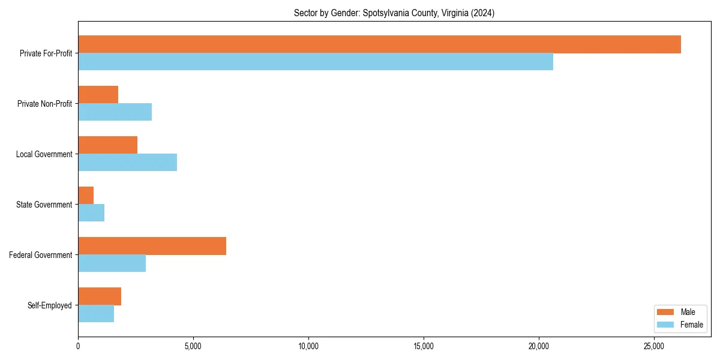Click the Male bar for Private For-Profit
coord(379,44)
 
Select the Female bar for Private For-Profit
coord(316,62)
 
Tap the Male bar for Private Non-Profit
coord(98,95)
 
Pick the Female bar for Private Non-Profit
coord(115,112)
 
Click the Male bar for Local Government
coord(107,145)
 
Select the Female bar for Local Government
coord(127,163)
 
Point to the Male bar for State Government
coord(86,196)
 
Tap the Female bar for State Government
coord(91,213)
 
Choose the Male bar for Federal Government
coord(152,246)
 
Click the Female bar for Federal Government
coord(112,263)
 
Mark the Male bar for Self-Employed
coord(100,296)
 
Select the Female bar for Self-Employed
coord(96,314)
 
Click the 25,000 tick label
coord(654,346)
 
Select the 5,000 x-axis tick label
coord(193,346)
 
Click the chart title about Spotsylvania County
coord(394,13)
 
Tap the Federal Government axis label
coord(41,255)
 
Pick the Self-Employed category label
coord(50,305)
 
